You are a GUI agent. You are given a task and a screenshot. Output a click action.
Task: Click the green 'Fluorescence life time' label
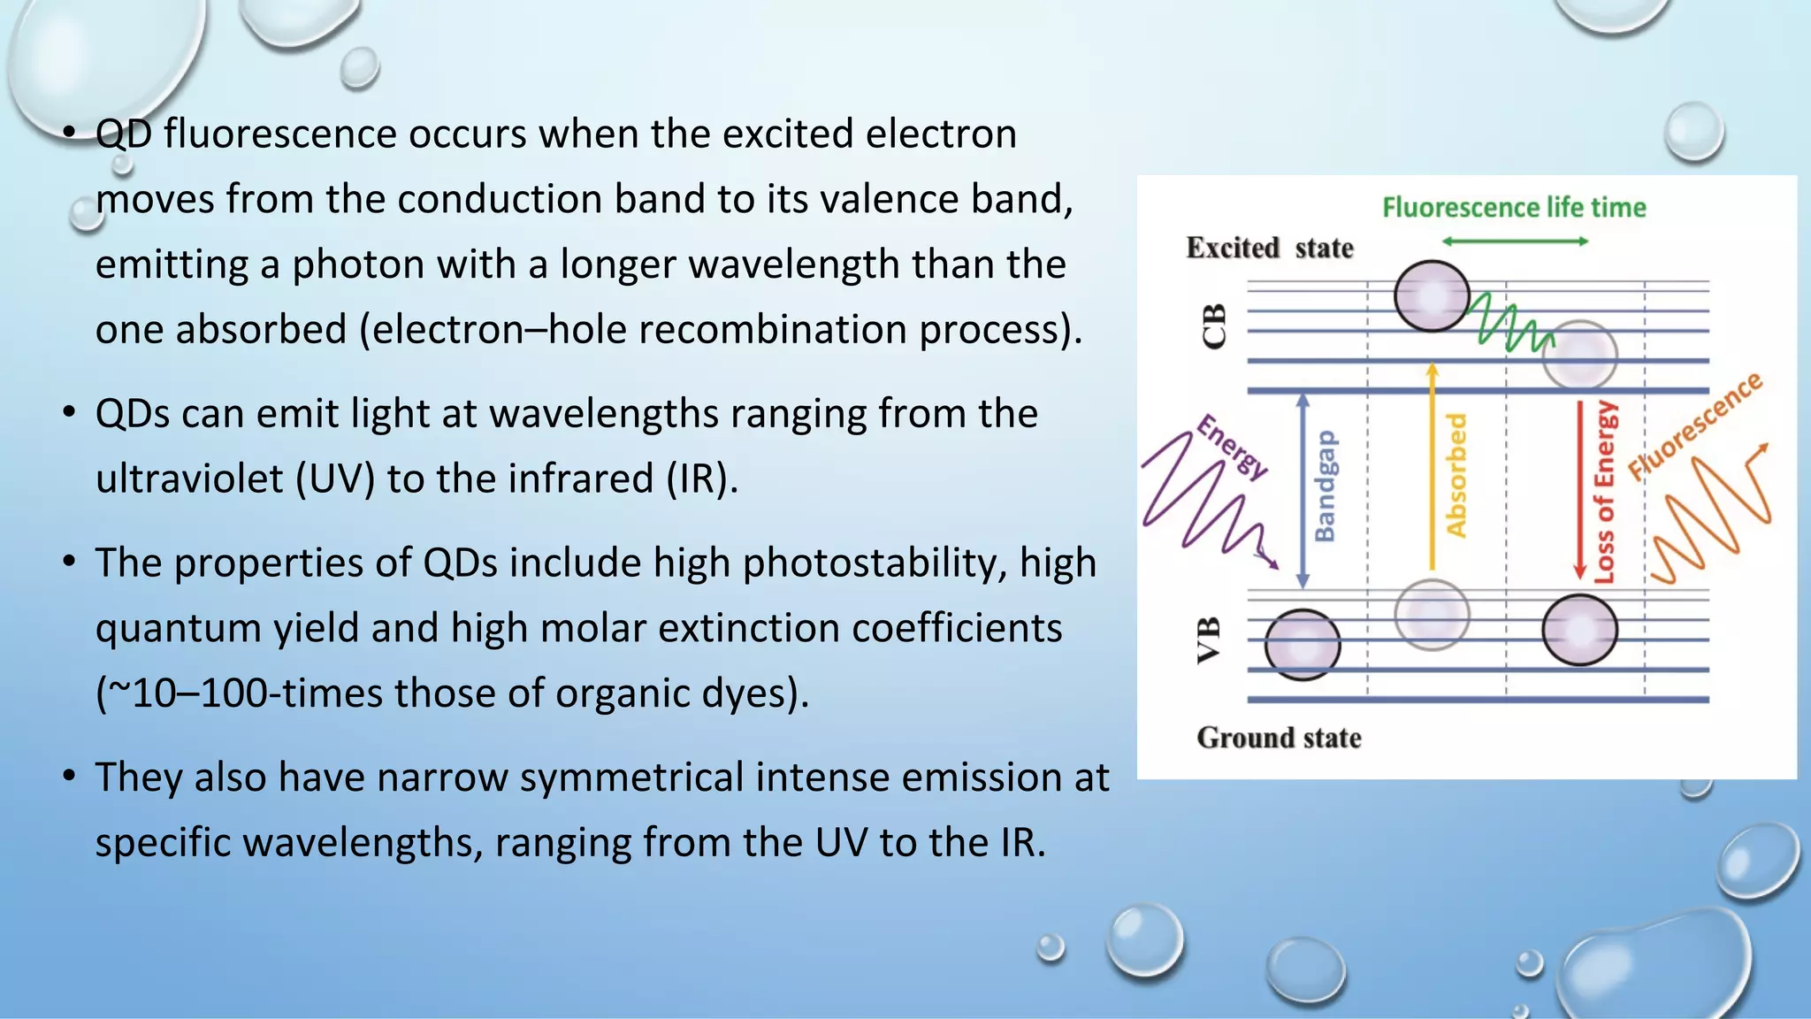coord(1514,208)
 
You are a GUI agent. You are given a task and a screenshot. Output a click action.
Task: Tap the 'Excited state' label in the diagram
coord(1269,248)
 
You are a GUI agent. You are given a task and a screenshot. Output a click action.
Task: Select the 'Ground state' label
coord(1278,738)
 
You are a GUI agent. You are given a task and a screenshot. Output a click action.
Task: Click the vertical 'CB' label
coord(1215,326)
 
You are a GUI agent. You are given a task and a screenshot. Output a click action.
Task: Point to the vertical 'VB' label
coord(1209,640)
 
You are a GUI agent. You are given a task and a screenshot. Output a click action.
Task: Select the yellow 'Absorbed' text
coord(1456,475)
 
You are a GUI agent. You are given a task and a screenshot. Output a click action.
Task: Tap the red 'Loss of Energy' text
coord(1604,492)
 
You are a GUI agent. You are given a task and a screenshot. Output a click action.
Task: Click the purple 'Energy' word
coord(1233,447)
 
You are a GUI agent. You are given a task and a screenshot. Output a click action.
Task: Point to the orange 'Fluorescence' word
coord(1695,426)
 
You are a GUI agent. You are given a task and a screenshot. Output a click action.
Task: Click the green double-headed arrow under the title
coord(1514,241)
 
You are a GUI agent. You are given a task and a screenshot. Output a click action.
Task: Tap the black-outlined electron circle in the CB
coord(1432,295)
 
